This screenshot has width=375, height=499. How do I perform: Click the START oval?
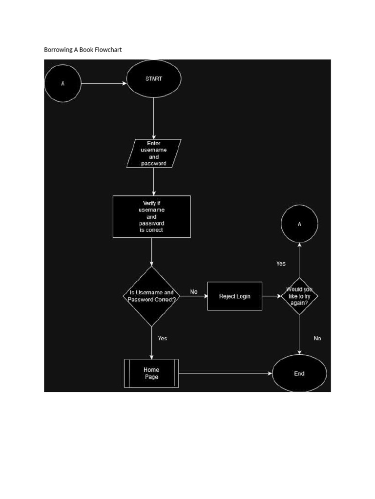(x=154, y=79)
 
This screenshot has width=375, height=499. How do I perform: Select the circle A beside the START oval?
(x=62, y=83)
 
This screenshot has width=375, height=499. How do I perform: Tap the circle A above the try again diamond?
(x=299, y=224)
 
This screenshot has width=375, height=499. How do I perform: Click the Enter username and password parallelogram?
(x=154, y=154)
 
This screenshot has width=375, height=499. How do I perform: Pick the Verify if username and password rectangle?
(x=151, y=216)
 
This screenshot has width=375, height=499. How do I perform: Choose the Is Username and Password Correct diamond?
(x=151, y=296)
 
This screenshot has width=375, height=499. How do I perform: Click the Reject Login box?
(x=234, y=296)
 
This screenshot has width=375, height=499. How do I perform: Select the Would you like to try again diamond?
(x=299, y=296)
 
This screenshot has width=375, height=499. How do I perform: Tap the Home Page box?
(x=151, y=373)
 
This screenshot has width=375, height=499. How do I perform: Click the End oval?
(x=299, y=374)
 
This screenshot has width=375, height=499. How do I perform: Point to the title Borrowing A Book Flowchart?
(x=83, y=50)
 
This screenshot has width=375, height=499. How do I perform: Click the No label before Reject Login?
(x=194, y=292)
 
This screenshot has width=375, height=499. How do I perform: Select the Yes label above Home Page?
(x=163, y=338)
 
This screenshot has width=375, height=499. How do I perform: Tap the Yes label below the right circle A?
(x=281, y=264)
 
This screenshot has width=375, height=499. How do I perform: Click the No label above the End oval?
(x=317, y=338)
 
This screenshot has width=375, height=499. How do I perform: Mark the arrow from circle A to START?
(x=104, y=83)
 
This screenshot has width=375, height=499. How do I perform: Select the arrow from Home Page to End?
(x=225, y=374)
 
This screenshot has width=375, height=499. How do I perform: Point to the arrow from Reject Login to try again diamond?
(x=271, y=296)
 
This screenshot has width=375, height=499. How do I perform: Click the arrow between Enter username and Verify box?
(x=154, y=181)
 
